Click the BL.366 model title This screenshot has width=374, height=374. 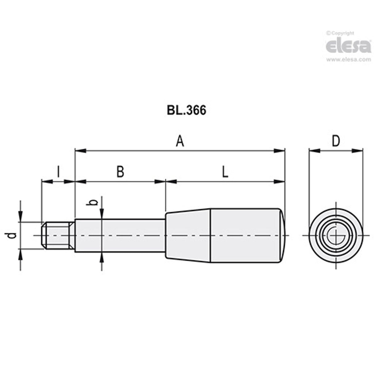click(186, 111)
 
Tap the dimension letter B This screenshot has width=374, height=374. click(120, 172)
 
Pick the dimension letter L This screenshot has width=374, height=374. click(225, 172)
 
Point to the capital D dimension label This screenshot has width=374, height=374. click(335, 141)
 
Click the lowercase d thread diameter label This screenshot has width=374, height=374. click(12, 236)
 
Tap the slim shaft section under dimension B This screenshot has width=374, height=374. click(120, 236)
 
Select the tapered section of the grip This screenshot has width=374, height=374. click(188, 236)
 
